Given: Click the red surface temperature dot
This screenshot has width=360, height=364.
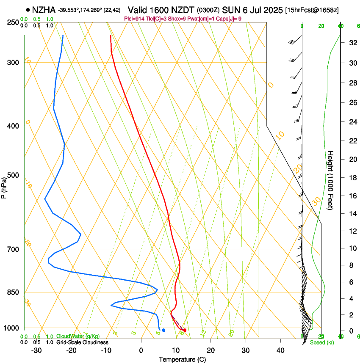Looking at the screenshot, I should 185,330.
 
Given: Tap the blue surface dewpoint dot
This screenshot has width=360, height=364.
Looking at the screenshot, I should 163,330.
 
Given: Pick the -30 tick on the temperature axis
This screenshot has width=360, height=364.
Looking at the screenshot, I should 36,350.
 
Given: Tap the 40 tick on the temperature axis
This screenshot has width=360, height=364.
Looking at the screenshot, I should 280,350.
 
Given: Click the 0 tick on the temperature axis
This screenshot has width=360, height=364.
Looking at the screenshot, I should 141,350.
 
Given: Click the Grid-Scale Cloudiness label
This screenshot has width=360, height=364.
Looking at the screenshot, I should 82,342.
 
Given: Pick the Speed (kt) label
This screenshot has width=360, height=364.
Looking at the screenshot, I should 321,342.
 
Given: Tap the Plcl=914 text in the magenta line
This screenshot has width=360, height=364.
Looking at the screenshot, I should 135,19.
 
